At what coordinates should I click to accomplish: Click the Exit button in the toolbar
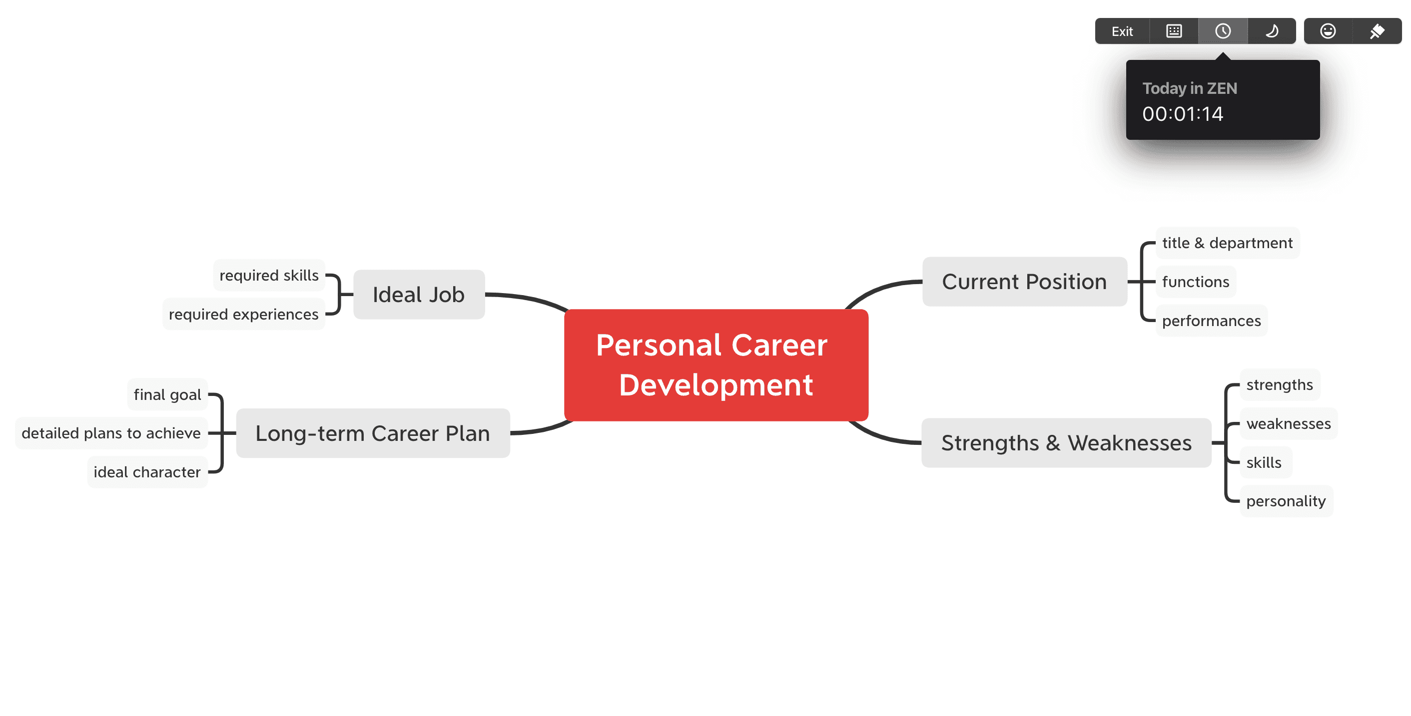(1122, 31)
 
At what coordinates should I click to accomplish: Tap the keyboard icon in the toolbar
(1174, 31)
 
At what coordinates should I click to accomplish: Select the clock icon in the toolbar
(1223, 31)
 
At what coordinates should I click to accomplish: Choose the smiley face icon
(1328, 31)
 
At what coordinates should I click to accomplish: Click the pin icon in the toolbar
(1377, 31)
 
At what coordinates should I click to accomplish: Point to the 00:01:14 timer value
(1183, 114)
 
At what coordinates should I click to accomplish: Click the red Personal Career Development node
(716, 365)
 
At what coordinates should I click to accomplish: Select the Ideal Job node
(419, 295)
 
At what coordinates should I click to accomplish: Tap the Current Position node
(1025, 282)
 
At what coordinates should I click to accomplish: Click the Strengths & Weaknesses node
(1066, 443)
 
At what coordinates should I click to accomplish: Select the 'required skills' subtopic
(269, 275)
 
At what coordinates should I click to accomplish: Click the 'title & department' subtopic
(1228, 243)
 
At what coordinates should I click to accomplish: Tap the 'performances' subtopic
(1212, 321)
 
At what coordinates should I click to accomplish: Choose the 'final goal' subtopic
(167, 394)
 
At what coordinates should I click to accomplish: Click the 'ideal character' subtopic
(147, 472)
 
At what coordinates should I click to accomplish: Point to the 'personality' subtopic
(1286, 501)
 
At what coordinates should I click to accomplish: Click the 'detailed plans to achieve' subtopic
(111, 433)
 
